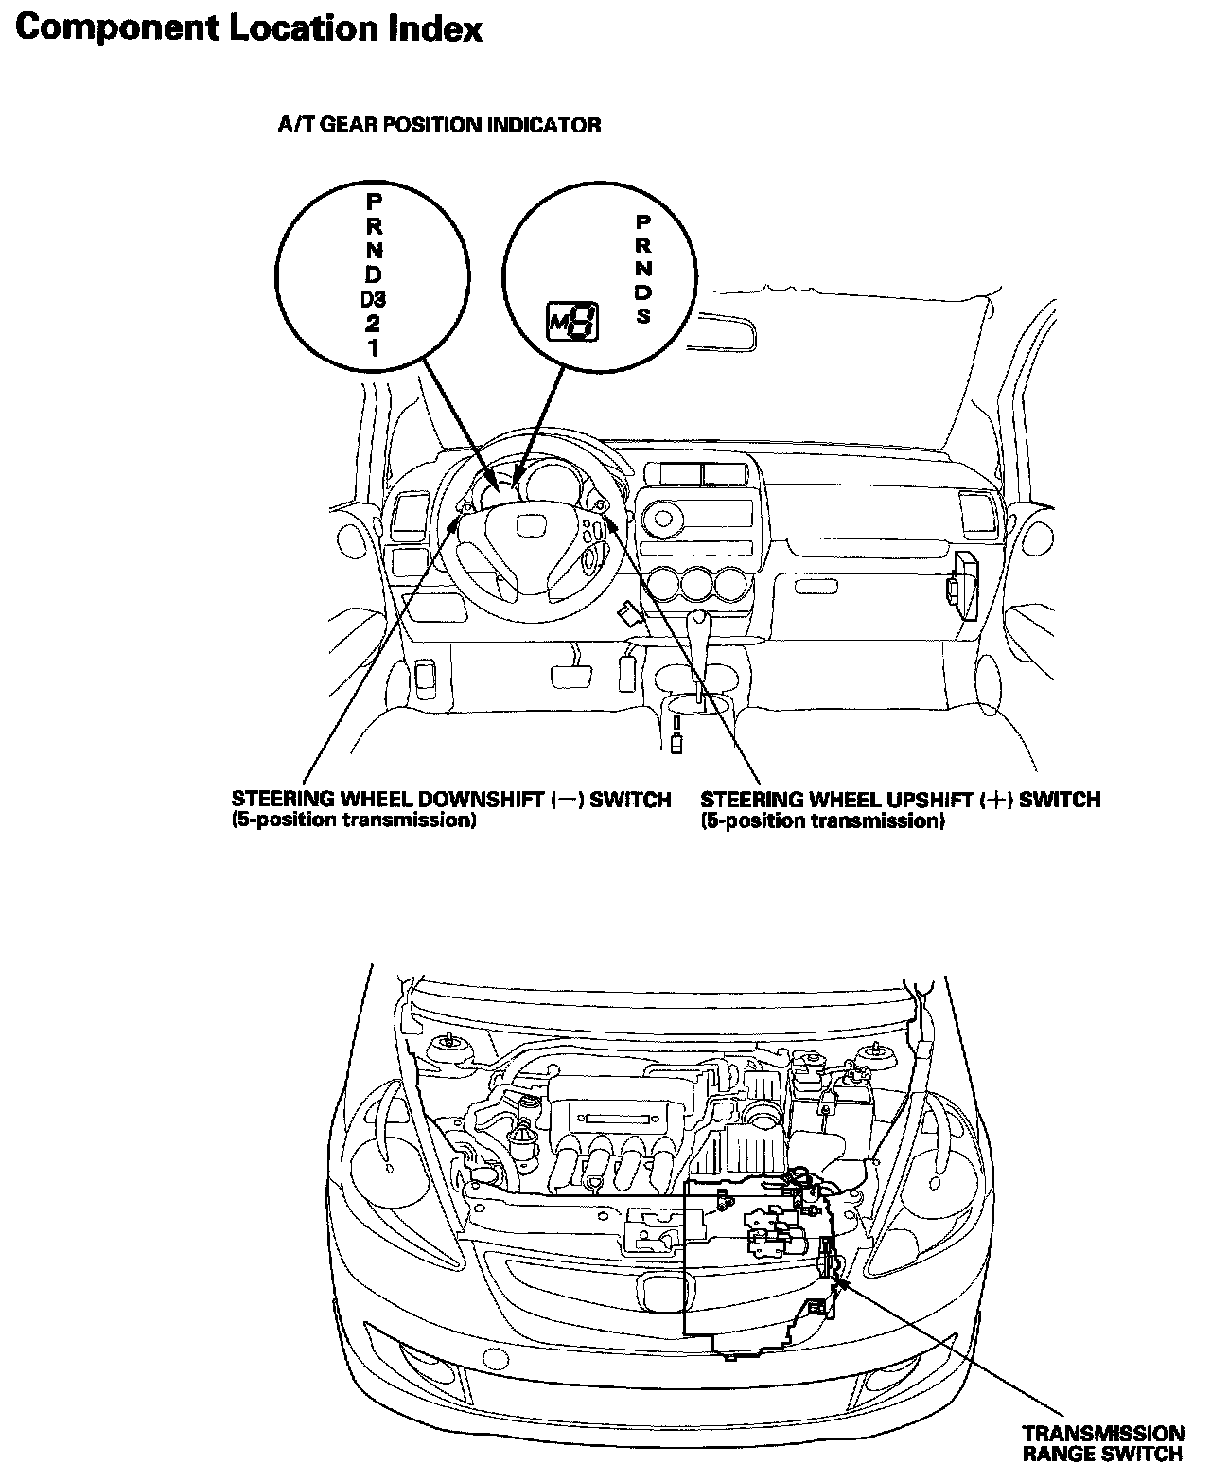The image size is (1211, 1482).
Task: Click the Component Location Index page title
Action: coord(249,28)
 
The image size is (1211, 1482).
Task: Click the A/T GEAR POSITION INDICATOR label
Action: coord(440,125)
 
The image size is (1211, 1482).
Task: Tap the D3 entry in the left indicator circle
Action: coord(373,299)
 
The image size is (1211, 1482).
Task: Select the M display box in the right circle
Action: coord(572,323)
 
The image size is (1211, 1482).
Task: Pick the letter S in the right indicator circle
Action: coord(643,316)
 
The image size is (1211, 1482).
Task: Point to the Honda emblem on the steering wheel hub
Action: coord(532,525)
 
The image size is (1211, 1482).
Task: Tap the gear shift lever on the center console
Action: coord(700,654)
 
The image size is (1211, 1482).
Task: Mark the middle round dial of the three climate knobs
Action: coord(697,585)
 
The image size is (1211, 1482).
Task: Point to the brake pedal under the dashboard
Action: coord(571,676)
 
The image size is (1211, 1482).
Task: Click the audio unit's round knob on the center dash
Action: coord(662,520)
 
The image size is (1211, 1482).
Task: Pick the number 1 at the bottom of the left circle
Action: coord(374,347)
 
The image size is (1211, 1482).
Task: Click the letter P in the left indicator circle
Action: coord(374,202)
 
